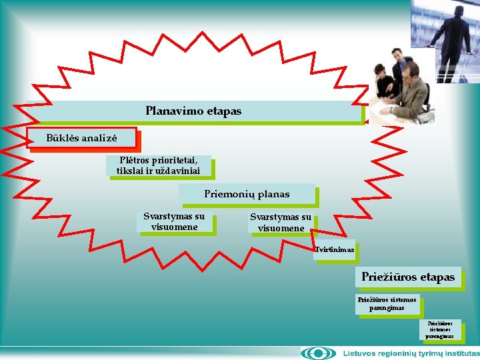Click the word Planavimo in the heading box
(169, 111)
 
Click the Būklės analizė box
(82, 138)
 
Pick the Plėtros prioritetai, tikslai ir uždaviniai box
(157, 165)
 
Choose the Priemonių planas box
(247, 194)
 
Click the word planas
(274, 194)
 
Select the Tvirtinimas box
(334, 249)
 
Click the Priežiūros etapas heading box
(408, 277)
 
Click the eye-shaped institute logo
(318, 353)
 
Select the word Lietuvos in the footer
(361, 353)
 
